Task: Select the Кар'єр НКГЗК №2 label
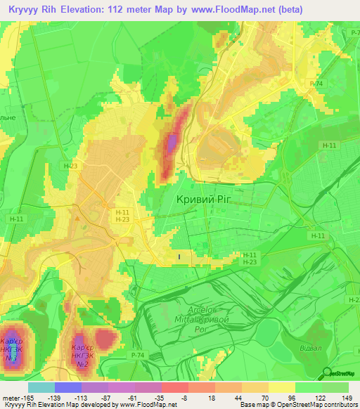tap(82, 356)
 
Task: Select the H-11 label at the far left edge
tap(16, 219)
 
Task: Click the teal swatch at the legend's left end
tap(41, 387)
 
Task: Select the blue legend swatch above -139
tap(68, 387)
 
